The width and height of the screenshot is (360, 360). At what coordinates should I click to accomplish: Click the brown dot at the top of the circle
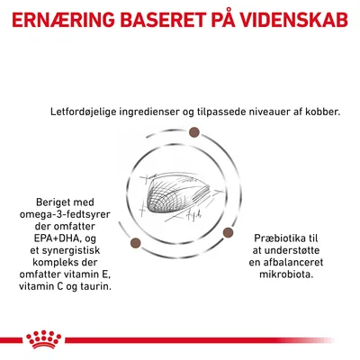(x=193, y=134)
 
